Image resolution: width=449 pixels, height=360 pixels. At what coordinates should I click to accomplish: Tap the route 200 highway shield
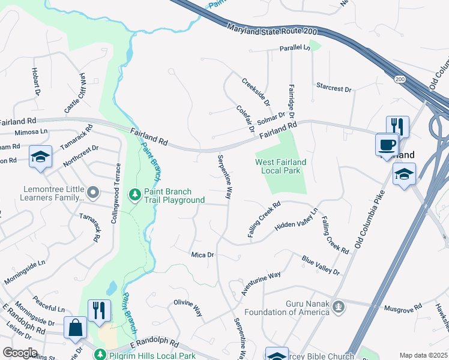point(400,79)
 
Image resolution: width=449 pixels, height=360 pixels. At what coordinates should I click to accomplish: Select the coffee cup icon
point(387,145)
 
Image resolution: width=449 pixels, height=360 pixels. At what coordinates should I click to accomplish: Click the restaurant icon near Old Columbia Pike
point(397,126)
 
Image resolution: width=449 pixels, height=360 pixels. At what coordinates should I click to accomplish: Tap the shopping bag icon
point(75,328)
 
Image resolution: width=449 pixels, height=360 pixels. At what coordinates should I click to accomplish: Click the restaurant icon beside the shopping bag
point(99,310)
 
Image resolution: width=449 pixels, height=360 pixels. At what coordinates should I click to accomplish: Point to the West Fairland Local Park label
point(280,166)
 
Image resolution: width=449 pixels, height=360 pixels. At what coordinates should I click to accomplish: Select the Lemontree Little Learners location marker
point(92,193)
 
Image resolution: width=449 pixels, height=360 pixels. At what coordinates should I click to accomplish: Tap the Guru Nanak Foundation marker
point(339,307)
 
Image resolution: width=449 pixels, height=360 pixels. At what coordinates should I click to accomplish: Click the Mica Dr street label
point(202,255)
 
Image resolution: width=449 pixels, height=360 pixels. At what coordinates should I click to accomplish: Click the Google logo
point(20,352)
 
